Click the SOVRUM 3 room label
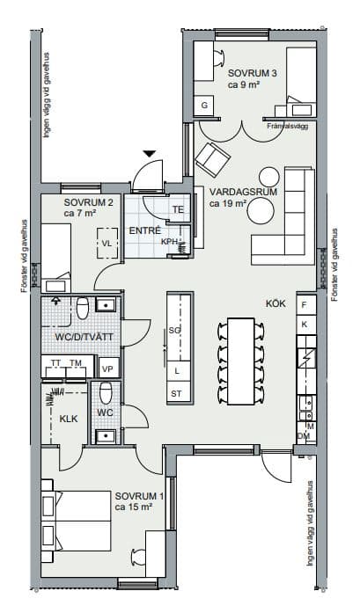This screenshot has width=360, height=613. pyautogui.click(x=253, y=73)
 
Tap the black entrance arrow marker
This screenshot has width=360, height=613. pyautogui.click(x=150, y=154)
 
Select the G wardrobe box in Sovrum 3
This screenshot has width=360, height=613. pyautogui.click(x=204, y=106)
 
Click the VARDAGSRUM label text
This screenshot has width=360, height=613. pyautogui.click(x=243, y=192)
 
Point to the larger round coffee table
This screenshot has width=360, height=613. pyautogui.click(x=261, y=210)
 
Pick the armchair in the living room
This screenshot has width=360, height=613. pyautogui.click(x=212, y=158)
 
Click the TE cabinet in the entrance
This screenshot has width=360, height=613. pyautogui.click(x=179, y=209)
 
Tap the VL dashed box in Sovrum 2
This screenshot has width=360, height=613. pyautogui.click(x=107, y=243)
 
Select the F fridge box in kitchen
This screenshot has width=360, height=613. pyautogui.click(x=306, y=303)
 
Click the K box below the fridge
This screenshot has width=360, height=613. pyautogui.click(x=306, y=325)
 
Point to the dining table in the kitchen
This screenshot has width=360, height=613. pyautogui.click(x=240, y=361)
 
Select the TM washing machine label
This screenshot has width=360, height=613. pyautogui.click(x=76, y=363)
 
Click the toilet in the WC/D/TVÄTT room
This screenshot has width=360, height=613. pyautogui.click(x=83, y=309)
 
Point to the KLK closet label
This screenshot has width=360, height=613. pyautogui.click(x=69, y=420)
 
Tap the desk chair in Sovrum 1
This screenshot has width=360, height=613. pyautogui.click(x=138, y=557)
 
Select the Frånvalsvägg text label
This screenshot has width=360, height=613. pyautogui.click(x=288, y=126)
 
